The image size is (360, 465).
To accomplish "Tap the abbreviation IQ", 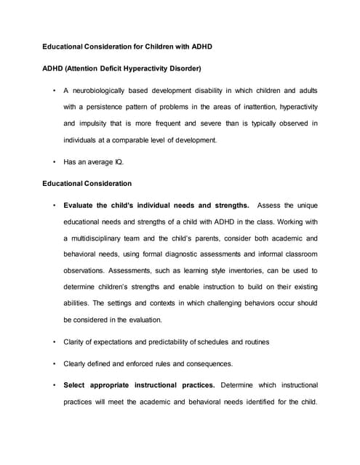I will click(x=118, y=162).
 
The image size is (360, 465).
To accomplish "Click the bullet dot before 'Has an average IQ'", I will click(x=55, y=162).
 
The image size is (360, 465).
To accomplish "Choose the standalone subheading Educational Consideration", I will click(x=87, y=183).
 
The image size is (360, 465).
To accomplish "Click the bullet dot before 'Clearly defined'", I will click(x=55, y=363).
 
